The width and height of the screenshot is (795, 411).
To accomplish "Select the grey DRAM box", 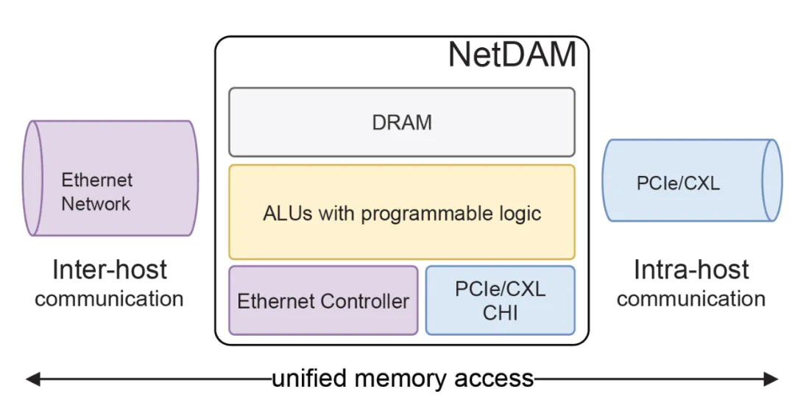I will (x=401, y=122).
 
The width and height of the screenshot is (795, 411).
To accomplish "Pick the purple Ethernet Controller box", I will (x=323, y=301).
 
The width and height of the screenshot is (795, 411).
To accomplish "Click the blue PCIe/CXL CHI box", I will (x=501, y=301).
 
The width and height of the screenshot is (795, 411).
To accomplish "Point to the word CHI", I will (x=501, y=312).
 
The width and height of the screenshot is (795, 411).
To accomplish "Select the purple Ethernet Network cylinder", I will (x=110, y=178).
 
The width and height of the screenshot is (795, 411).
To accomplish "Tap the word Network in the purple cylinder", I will (x=96, y=204).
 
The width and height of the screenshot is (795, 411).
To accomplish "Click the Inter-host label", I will (x=110, y=270).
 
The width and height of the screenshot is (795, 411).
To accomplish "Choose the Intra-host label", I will (x=691, y=270).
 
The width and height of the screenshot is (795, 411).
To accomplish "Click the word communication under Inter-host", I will (x=109, y=298).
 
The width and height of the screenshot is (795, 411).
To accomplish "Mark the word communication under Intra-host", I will (x=691, y=298).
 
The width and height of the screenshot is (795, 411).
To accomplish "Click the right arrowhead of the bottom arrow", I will (x=772, y=379).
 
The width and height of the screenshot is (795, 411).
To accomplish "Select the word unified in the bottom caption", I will (x=310, y=379).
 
